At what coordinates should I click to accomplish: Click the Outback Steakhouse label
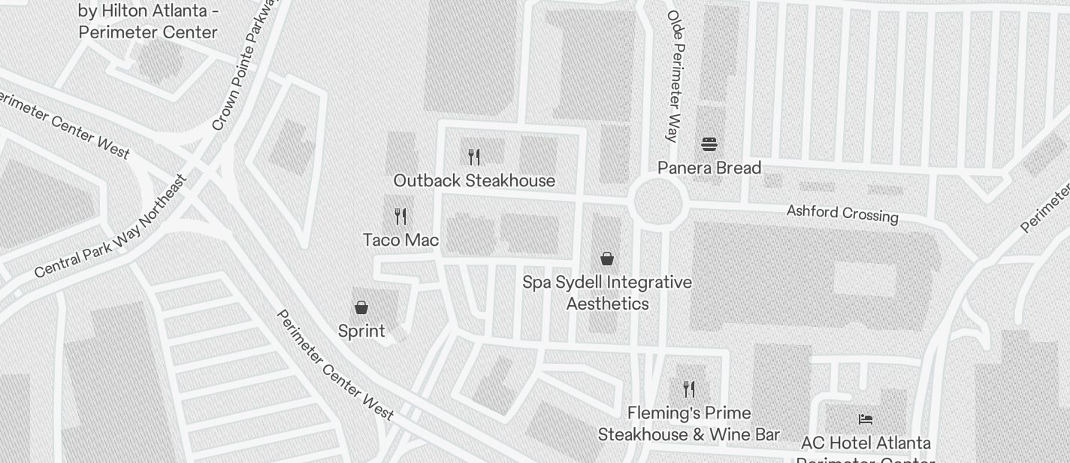(x=474, y=180)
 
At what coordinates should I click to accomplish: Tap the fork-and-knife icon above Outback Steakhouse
(x=474, y=156)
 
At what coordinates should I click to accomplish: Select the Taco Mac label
(x=400, y=240)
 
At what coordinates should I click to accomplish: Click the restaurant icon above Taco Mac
(x=400, y=216)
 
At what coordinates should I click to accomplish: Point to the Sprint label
(x=361, y=331)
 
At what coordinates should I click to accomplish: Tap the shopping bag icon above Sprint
(x=361, y=307)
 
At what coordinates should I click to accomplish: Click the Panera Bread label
(x=709, y=168)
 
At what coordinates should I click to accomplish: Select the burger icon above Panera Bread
(x=709, y=144)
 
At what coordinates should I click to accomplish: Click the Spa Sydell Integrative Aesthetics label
(x=607, y=293)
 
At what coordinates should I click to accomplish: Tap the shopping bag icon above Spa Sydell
(x=607, y=259)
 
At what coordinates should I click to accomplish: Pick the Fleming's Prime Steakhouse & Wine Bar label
(x=688, y=424)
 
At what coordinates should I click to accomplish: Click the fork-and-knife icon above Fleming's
(x=688, y=389)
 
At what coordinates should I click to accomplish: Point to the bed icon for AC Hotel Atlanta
(x=866, y=419)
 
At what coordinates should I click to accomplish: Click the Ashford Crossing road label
(x=842, y=213)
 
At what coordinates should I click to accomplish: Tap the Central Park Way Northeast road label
(x=110, y=228)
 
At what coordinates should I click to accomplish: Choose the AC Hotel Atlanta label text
(x=866, y=443)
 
